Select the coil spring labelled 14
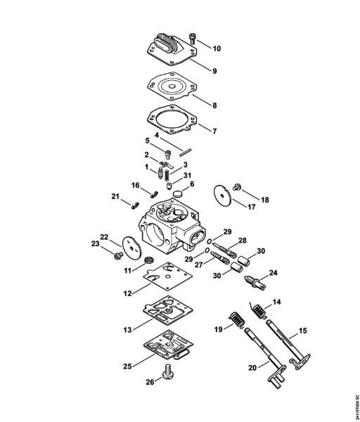point(259,308)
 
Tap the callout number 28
point(243,241)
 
